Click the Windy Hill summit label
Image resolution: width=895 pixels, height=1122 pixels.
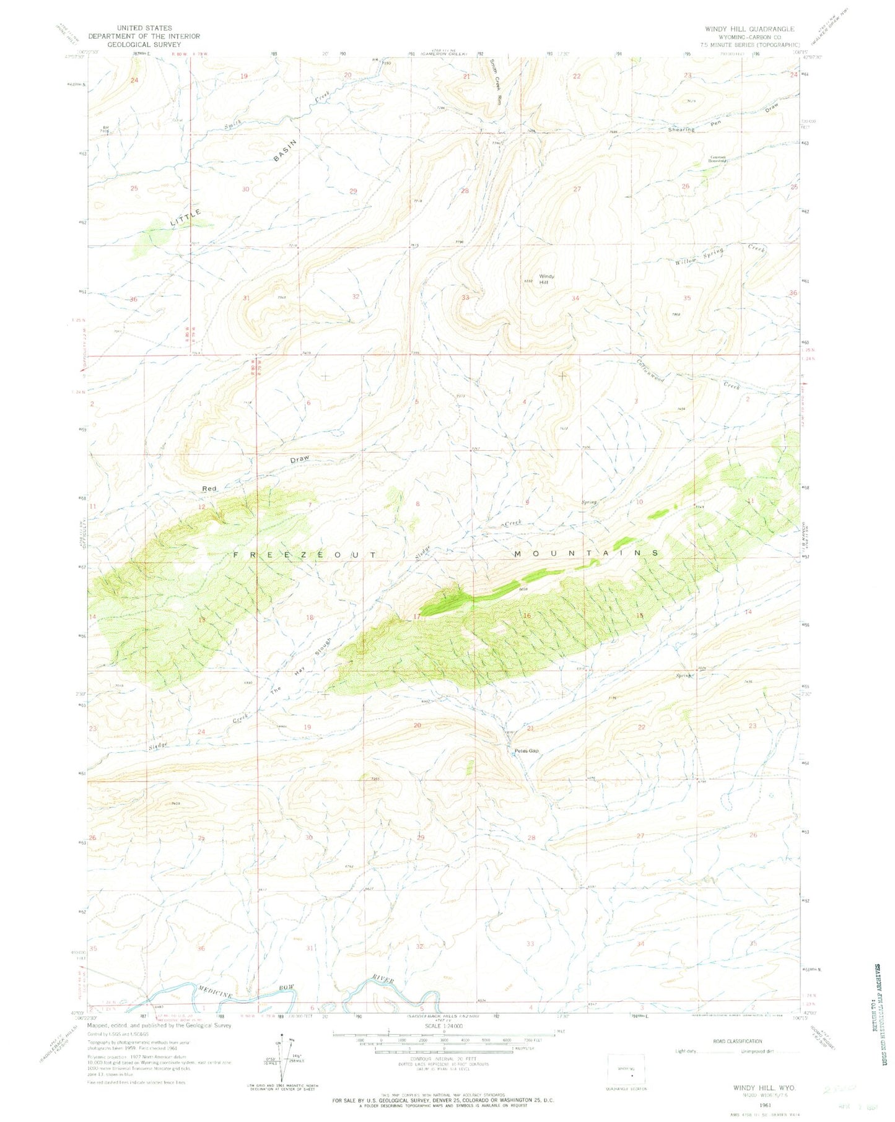coord(546,279)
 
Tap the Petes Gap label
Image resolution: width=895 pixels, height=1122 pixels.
coord(526,751)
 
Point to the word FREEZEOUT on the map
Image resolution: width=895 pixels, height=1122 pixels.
coord(304,555)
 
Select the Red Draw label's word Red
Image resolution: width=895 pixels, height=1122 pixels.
coord(209,489)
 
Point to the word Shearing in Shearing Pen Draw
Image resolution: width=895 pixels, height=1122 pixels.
coord(681,129)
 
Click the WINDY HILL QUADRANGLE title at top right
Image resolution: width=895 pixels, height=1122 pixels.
coord(749,29)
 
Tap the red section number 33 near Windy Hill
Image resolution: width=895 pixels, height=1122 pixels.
coord(465,297)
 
